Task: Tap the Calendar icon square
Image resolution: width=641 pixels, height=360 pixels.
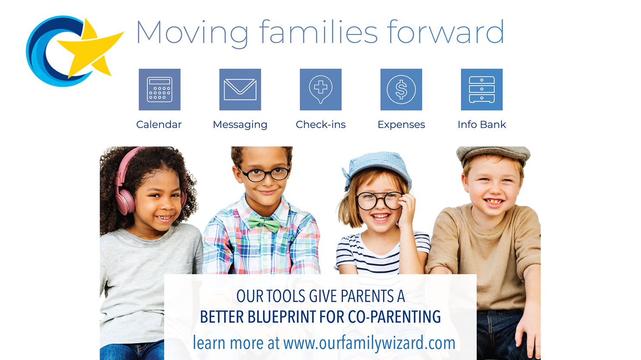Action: (160, 89)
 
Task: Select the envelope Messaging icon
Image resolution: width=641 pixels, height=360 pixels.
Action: (240, 89)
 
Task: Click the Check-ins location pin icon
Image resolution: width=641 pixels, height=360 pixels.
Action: (321, 89)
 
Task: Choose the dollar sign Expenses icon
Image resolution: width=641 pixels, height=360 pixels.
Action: (401, 89)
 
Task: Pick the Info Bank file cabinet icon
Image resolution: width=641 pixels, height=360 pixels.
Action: (482, 89)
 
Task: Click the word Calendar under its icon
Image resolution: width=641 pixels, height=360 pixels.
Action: (159, 124)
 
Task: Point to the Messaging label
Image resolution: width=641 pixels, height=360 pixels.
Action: (240, 125)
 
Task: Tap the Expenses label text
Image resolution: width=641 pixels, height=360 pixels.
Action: (401, 125)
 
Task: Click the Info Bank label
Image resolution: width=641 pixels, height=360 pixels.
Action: (482, 124)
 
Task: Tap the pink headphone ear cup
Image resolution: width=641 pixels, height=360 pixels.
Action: (125, 202)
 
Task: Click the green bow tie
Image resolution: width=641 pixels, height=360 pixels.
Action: (264, 224)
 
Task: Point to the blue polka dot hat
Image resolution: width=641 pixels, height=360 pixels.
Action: (377, 169)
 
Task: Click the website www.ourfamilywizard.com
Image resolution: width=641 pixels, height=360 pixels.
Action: (369, 343)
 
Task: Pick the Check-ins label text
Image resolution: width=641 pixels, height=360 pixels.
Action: (321, 124)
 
